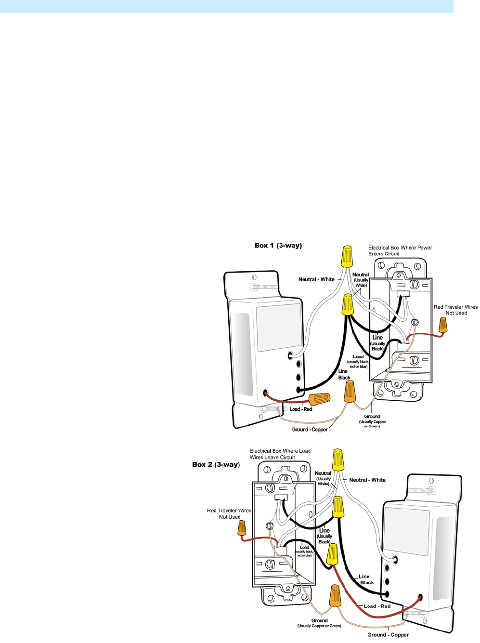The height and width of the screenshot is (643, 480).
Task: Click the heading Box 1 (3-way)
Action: click(x=278, y=246)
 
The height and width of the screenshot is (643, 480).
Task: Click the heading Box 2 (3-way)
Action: click(x=216, y=465)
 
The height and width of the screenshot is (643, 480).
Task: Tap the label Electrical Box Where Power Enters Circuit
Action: click(x=400, y=250)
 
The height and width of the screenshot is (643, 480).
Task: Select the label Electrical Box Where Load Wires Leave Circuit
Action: click(x=280, y=454)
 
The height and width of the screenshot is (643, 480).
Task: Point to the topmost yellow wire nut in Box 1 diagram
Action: click(x=346, y=256)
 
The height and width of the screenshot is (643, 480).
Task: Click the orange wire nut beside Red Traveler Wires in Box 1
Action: click(x=442, y=325)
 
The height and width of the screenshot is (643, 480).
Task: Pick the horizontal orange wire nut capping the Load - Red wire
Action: click(x=319, y=399)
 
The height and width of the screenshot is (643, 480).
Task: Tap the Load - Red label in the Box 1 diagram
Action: click(x=301, y=409)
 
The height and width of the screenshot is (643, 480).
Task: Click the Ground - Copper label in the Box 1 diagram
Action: click(x=310, y=430)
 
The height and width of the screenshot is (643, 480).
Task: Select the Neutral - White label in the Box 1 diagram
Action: click(x=316, y=279)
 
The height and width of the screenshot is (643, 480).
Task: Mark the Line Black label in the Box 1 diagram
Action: click(x=344, y=375)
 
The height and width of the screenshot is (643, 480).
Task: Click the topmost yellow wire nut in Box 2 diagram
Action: click(x=338, y=459)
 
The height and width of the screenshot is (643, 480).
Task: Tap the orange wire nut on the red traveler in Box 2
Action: click(x=242, y=528)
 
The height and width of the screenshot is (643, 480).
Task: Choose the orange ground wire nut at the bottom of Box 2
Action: click(x=335, y=595)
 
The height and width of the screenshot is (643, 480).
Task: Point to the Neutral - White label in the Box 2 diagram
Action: click(x=367, y=480)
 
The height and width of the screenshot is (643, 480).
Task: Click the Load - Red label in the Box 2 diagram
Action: click(x=377, y=606)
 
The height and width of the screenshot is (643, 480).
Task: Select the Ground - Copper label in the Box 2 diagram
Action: click(x=388, y=635)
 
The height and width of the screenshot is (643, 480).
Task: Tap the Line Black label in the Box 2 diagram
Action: click(x=365, y=579)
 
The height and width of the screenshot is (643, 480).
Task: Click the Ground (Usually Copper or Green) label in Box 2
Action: click(x=319, y=623)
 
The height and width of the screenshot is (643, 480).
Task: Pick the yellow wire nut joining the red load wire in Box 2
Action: click(x=332, y=555)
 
